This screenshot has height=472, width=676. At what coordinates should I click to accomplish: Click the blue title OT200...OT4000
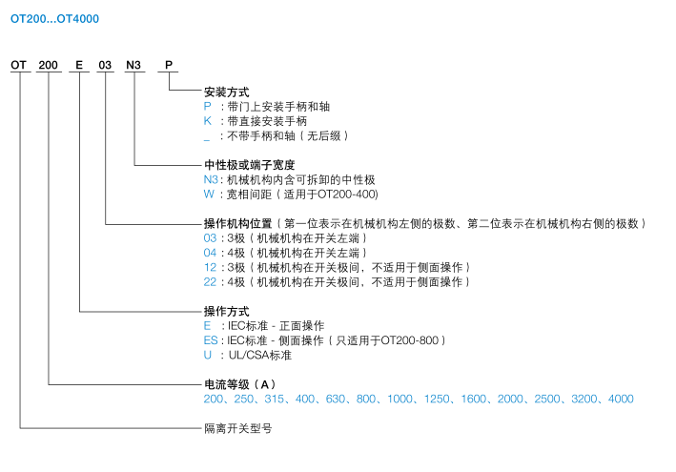(54, 19)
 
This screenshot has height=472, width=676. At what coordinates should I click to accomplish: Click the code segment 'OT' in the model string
(18, 65)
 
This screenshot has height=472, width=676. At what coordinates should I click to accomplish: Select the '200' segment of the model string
(48, 65)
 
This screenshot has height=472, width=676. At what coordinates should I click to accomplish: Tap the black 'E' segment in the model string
(79, 65)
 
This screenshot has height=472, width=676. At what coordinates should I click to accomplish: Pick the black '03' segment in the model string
(105, 65)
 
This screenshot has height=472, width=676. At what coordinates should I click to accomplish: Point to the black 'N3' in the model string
(133, 65)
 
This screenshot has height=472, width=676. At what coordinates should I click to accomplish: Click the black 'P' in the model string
(169, 65)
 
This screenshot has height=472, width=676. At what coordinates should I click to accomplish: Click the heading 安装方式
(227, 92)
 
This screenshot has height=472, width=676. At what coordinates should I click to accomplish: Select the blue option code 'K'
(207, 121)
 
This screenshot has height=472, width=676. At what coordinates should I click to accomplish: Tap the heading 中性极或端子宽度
(250, 165)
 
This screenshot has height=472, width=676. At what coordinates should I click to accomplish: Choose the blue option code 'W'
(209, 194)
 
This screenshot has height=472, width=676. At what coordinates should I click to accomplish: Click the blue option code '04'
(210, 253)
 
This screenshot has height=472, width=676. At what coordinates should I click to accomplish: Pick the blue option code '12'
(210, 267)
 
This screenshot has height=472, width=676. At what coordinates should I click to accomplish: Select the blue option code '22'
(210, 282)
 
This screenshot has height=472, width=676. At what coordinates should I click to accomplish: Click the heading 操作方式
(227, 311)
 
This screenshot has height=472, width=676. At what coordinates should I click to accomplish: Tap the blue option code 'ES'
(211, 340)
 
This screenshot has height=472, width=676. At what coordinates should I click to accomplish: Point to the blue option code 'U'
(208, 355)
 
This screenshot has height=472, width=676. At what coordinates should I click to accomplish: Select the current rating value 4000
(621, 400)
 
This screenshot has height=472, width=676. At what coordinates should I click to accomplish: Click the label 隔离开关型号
(238, 428)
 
